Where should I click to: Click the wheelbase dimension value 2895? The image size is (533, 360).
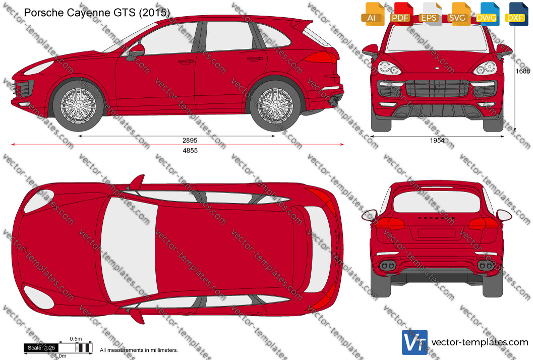point(190,140)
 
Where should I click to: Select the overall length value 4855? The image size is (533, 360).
point(190,151)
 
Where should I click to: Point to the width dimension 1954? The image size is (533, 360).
point(437,140)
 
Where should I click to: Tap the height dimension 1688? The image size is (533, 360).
point(522,71)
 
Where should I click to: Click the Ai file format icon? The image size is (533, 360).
point(372,14)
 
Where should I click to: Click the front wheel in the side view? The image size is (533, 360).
point(78,106)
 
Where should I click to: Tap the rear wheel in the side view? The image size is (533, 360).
point(275,106)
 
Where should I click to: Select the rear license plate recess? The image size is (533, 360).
point(437,233)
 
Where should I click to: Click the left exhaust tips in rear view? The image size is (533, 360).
point(387,265)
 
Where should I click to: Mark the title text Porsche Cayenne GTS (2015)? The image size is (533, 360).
point(97,13)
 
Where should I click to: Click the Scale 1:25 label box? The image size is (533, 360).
point(41,348)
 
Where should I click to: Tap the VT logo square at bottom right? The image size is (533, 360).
point(414,342)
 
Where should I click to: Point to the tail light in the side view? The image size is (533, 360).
point(320,57)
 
